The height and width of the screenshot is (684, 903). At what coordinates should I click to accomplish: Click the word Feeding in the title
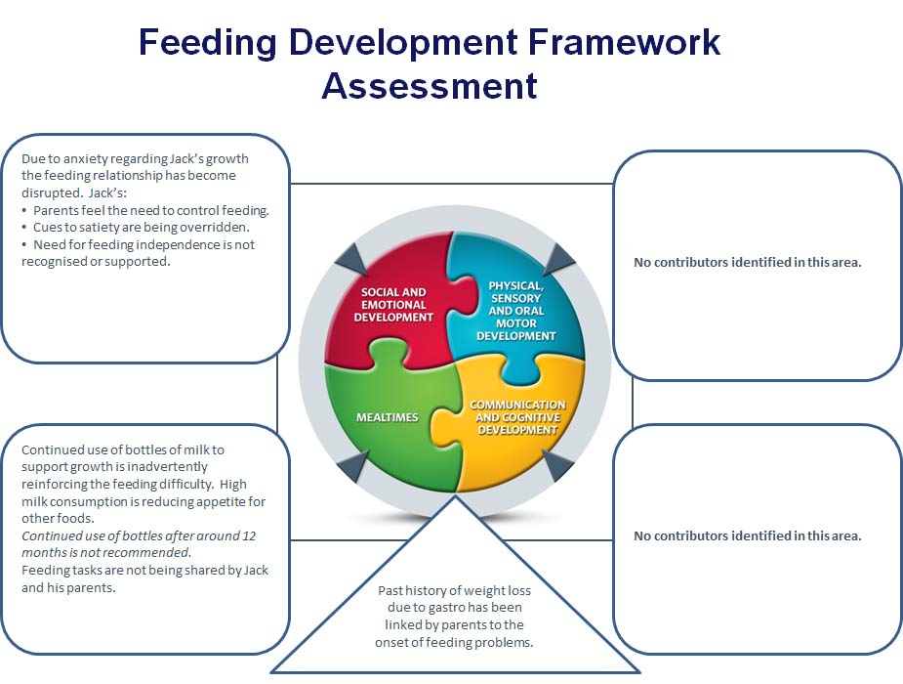(x=207, y=43)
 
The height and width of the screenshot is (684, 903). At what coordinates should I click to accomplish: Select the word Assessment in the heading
(x=429, y=86)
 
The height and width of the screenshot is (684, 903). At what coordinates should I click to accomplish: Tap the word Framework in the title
(x=624, y=41)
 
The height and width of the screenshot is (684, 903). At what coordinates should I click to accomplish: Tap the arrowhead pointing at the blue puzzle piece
(x=558, y=259)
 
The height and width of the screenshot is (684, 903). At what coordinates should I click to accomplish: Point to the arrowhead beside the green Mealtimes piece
(x=352, y=465)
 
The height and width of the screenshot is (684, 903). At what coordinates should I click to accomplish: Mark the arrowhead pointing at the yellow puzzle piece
(x=557, y=465)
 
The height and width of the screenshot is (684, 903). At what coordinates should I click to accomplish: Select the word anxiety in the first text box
(x=85, y=159)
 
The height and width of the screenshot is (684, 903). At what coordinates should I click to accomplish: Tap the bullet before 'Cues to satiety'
(x=24, y=228)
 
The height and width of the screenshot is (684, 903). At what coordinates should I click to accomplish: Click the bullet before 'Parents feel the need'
(x=24, y=211)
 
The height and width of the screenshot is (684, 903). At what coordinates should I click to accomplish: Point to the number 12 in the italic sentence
(x=249, y=535)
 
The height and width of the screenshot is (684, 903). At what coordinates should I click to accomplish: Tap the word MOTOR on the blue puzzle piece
(x=516, y=323)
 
